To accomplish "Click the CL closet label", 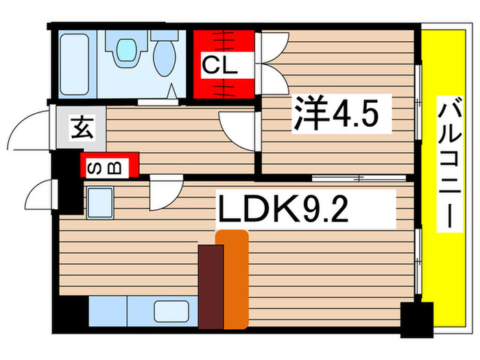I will pos(219,67).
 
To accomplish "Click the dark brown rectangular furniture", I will pos(211,287).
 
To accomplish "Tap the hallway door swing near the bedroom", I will pos(237,125).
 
